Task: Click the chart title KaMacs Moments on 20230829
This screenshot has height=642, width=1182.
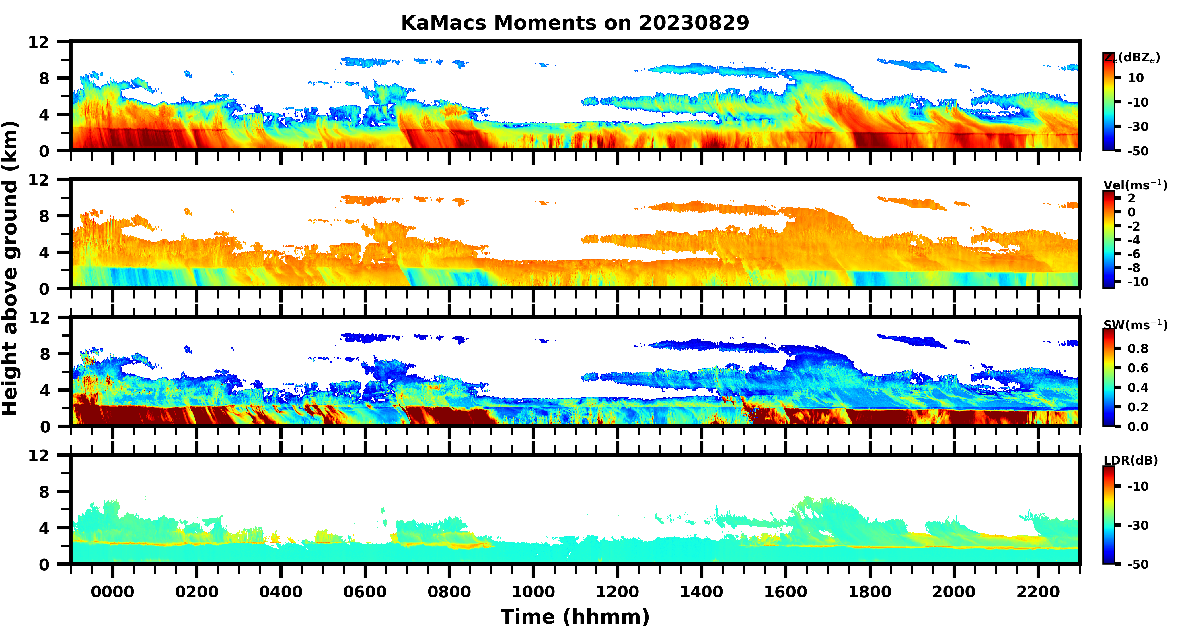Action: tap(575, 22)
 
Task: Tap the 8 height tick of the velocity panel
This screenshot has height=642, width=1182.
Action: tap(44, 216)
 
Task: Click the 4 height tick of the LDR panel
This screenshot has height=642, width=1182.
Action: tap(44, 528)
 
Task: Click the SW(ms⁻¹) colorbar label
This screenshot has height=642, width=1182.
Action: tap(1135, 325)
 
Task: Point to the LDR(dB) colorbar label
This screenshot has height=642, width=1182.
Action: tap(1131, 460)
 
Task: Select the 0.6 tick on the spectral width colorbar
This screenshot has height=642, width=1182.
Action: tap(1138, 368)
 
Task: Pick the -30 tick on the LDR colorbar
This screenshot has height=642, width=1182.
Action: tap(1138, 525)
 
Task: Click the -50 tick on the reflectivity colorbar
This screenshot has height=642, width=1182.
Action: tap(1138, 151)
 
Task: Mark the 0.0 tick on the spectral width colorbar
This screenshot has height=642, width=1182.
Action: tap(1138, 427)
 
